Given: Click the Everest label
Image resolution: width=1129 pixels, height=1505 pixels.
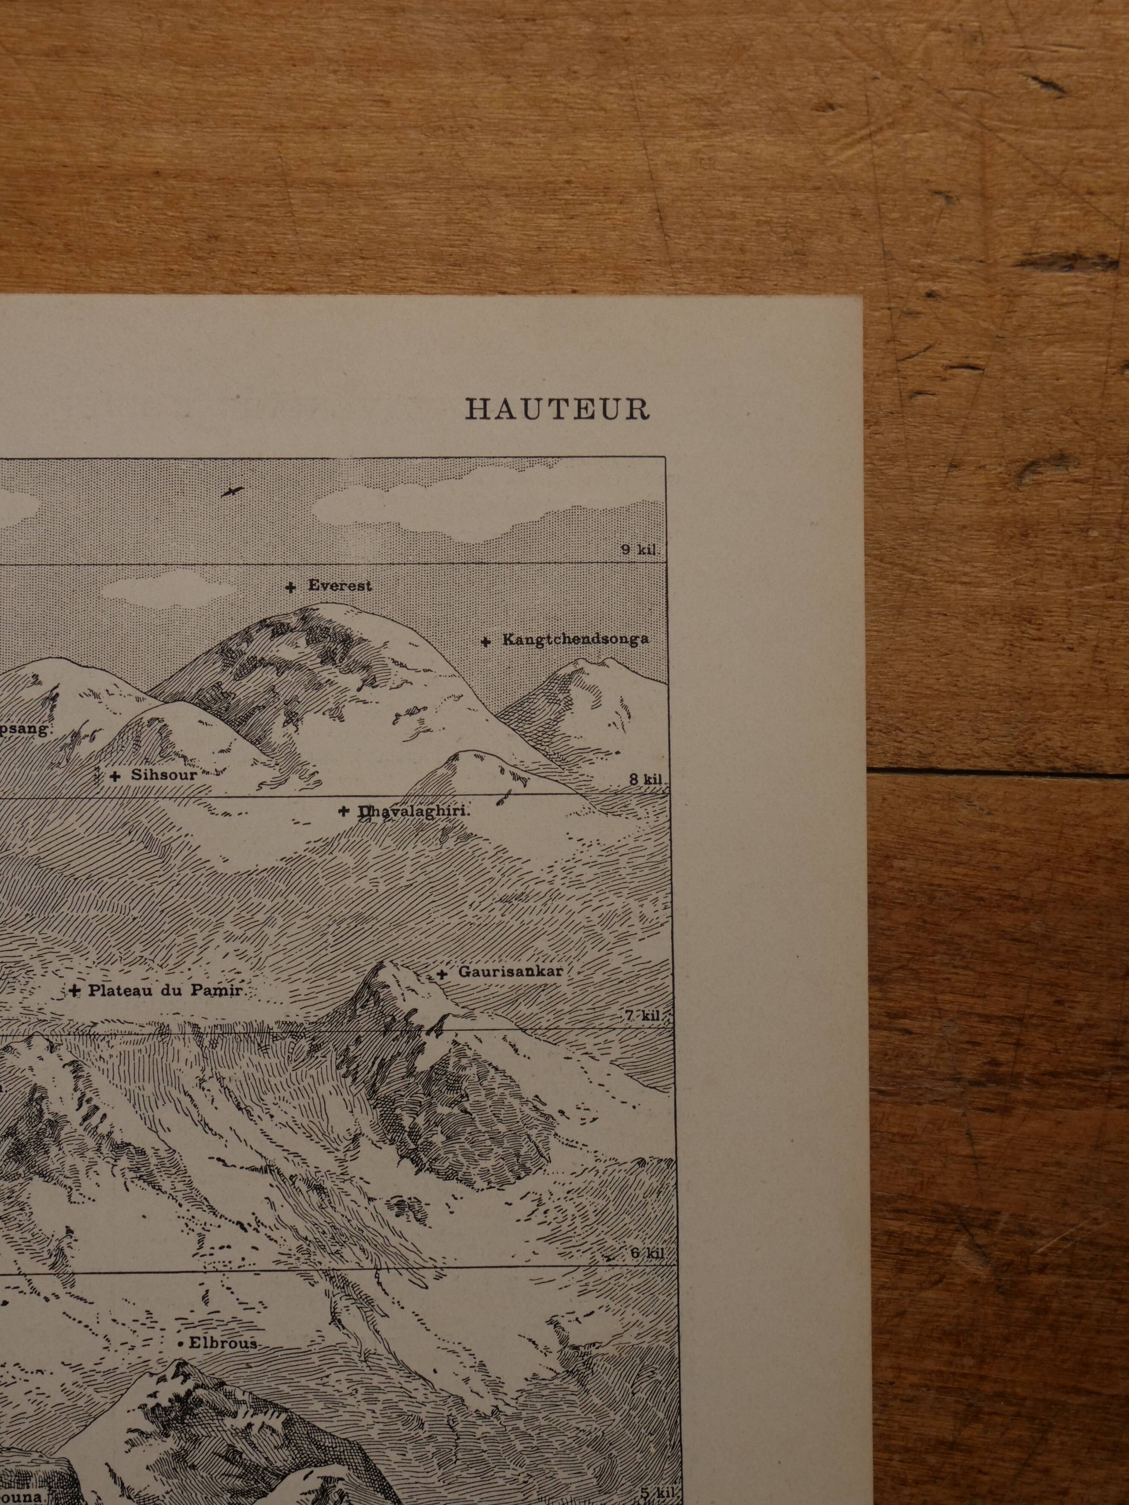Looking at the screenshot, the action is pos(339,586).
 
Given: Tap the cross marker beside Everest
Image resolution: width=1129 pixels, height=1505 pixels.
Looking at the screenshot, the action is pos(291,587).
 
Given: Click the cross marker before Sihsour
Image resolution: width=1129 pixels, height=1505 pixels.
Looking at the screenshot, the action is pos(115,775).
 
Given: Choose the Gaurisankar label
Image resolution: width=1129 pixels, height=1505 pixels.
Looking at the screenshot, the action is pos(510,971).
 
